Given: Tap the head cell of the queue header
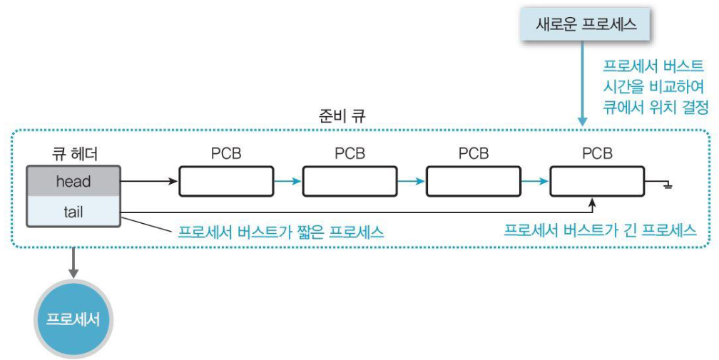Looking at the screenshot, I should pos(73,182).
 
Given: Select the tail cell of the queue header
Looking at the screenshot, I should pos(73,212).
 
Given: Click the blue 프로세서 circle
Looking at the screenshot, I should pos(73,319).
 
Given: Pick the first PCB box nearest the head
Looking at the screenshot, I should pos(225,182).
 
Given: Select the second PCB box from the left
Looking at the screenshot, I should pos(350,182).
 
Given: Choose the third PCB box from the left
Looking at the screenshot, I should pos(473,182).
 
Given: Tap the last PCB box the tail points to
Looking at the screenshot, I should pos(597,182).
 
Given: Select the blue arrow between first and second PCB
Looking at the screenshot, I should pos(287,182).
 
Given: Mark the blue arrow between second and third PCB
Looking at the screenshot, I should pos(411,182).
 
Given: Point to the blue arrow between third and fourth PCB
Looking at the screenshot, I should pos(535,182).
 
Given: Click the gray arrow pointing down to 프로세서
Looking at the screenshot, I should pos(73,259).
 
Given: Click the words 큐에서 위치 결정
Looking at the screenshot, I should pos(656,108).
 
